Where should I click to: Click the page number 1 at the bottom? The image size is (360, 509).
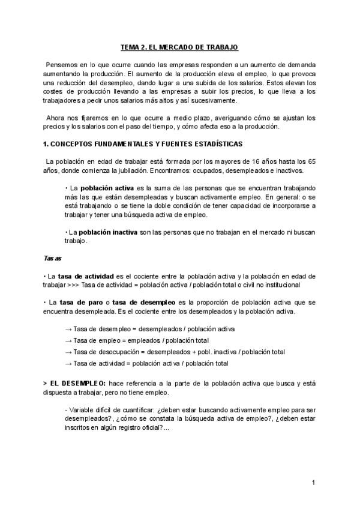click(314, 483)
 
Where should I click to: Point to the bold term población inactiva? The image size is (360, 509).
click(112, 232)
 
